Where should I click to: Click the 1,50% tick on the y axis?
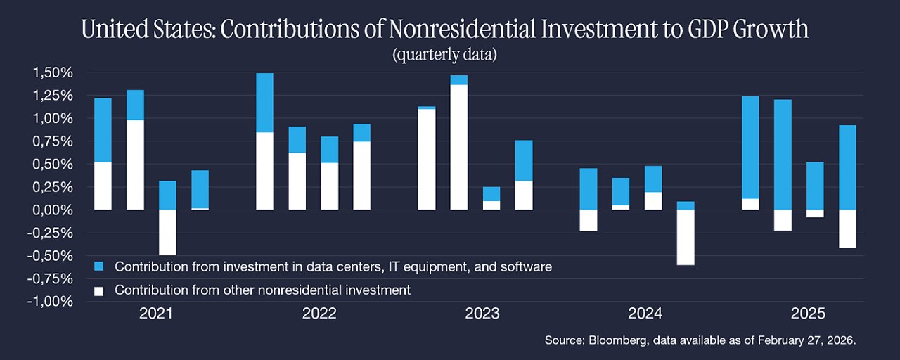53,72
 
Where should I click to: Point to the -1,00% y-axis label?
50,302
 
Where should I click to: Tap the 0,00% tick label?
53,210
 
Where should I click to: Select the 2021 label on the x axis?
156,314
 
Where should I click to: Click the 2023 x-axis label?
482,314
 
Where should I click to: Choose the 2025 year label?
808,314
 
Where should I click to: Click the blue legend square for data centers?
99,266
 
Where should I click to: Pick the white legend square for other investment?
99,291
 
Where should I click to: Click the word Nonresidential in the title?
462,29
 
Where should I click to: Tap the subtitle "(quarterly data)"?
444,55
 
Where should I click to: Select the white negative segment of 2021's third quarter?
167,232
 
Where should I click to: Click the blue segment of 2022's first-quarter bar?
265,103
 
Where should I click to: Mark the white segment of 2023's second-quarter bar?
459,148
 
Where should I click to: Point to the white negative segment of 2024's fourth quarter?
686,238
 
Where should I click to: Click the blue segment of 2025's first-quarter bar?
750,148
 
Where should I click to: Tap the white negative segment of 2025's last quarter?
847,229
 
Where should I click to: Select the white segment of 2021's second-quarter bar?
135,165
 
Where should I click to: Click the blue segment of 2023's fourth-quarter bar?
524,161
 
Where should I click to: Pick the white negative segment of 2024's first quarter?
589,221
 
